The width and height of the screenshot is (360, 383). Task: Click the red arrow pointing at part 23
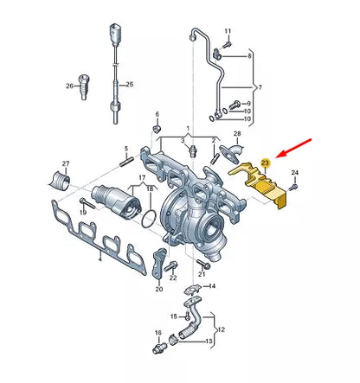pyautogui.click(x=293, y=149)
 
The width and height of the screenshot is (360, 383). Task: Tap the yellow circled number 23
pyautogui.click(x=265, y=163)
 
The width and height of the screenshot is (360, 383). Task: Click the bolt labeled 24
pyautogui.click(x=293, y=187)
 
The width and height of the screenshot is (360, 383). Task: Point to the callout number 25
pyautogui.click(x=130, y=85)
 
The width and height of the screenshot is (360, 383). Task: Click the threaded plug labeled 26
pyautogui.click(x=84, y=86)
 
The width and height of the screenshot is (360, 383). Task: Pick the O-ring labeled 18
pyautogui.click(x=149, y=219)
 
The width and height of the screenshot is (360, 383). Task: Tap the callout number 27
pyautogui.click(x=66, y=163)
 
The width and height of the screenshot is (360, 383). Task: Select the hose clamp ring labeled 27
pyautogui.click(x=61, y=181)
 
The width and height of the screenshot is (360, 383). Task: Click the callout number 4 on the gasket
pyautogui.click(x=100, y=259)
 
